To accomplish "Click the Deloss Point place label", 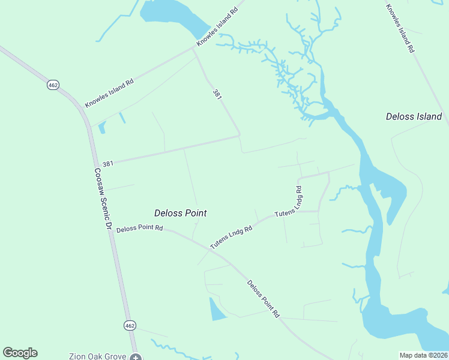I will [x=181, y=213].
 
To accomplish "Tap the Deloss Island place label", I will [x=414, y=116].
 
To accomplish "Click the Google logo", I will [x=20, y=353].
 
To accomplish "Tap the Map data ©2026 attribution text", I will [x=423, y=355].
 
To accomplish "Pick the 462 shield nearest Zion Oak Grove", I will [x=130, y=325].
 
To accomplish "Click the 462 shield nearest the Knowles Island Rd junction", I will [x=53, y=85].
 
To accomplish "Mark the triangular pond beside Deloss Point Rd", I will [x=217, y=310].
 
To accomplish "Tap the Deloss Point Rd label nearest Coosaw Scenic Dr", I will [x=140, y=229].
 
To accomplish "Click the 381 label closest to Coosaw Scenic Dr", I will [x=108, y=163].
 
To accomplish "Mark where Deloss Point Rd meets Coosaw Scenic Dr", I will [x=109, y=229].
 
